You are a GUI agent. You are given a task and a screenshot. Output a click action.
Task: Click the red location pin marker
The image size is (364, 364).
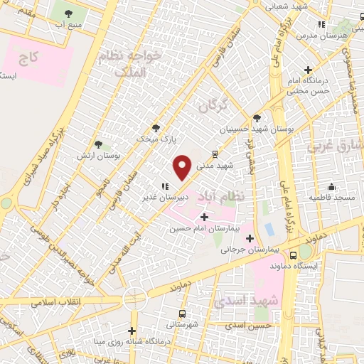(x=182, y=167)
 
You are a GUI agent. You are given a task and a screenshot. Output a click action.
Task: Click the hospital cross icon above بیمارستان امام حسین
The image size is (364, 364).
(x=205, y=216)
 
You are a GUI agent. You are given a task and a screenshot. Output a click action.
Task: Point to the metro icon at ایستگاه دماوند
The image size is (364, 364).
(x=294, y=255)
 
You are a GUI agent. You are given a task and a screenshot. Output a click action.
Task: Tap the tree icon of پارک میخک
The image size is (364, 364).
(x=156, y=129)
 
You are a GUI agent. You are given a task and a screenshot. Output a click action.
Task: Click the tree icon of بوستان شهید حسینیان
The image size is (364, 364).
(x=256, y=118)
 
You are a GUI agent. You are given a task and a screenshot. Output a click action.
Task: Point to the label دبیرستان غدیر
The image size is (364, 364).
(x=162, y=197)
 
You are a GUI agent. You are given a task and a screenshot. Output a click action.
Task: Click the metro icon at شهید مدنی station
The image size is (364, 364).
(x=215, y=153)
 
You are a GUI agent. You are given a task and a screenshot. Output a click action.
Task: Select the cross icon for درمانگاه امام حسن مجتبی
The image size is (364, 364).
(x=308, y=70)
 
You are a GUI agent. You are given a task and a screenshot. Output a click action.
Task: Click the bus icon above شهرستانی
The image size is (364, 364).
(x=183, y=314)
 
